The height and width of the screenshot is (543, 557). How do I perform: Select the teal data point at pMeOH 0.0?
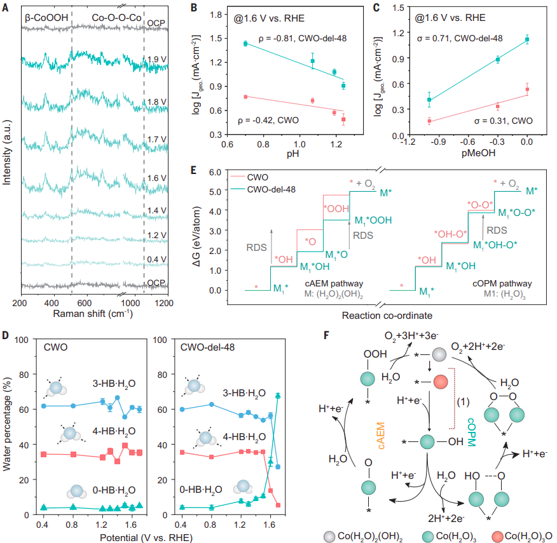click(x=526, y=39)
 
